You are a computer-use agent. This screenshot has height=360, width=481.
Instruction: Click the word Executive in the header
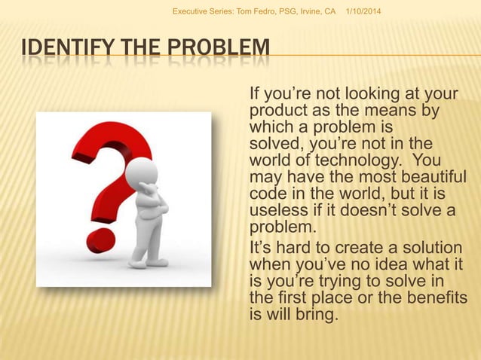point(192,11)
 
